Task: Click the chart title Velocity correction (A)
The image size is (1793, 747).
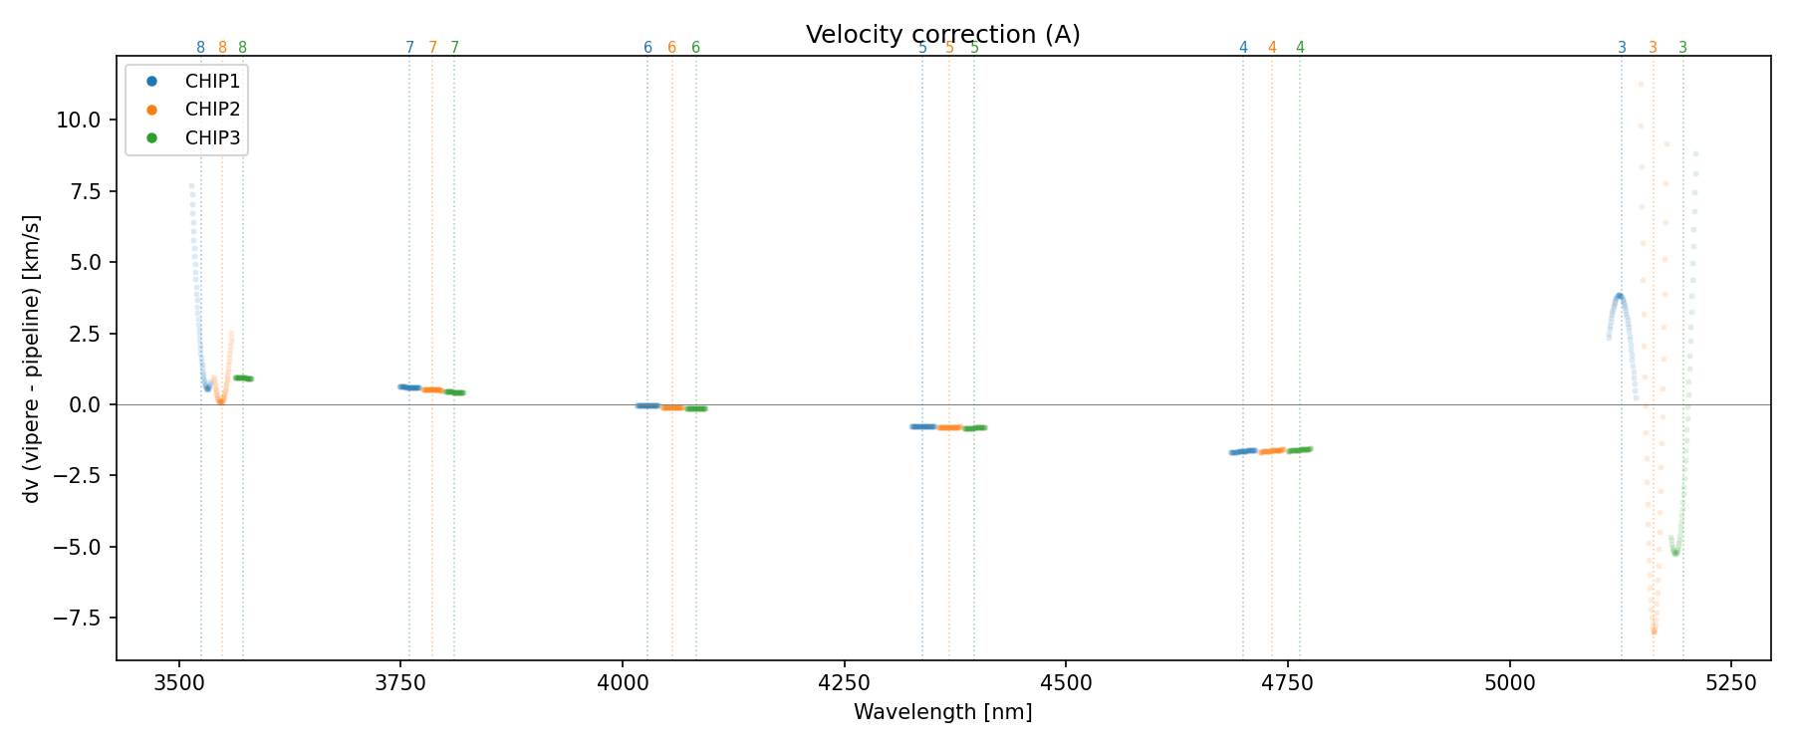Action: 942,35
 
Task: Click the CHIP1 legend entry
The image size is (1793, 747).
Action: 211,81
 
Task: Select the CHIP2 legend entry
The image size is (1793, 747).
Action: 211,110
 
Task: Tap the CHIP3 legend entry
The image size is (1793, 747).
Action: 211,138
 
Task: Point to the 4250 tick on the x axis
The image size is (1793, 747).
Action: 844,683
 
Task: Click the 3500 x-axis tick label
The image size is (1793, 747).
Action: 179,683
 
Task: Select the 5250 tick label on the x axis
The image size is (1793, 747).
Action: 1730,683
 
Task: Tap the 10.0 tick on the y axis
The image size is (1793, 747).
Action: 79,121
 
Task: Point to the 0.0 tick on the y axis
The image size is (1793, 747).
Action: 86,404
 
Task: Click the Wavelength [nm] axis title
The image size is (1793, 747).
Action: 942,712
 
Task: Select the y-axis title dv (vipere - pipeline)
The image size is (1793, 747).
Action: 33,359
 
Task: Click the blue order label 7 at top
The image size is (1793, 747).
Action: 409,48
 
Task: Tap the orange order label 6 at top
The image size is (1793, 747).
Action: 671,48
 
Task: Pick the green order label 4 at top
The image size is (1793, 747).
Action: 1300,48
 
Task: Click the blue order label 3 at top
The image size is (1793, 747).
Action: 1622,48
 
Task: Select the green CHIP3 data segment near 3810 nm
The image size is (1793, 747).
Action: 454,392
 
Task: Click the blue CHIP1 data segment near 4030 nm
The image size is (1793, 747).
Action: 647,405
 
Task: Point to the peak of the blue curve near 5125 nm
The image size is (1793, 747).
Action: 1620,296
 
